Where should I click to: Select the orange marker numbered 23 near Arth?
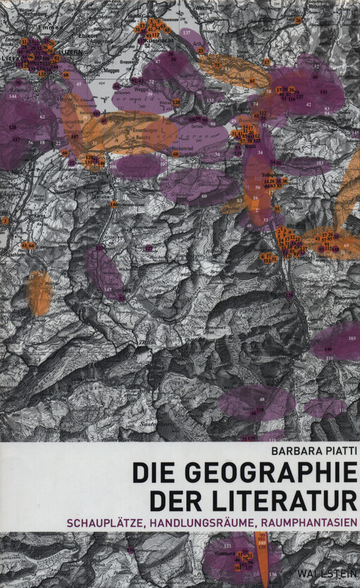(200, 51)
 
